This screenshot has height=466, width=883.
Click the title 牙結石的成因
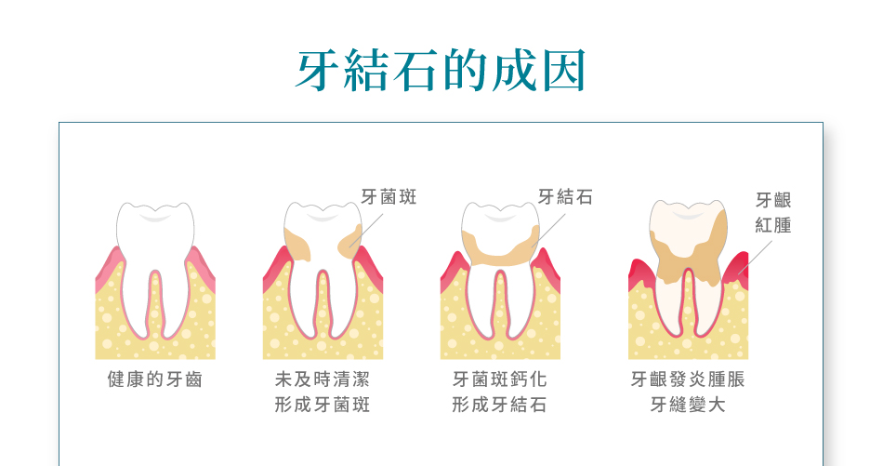click(x=441, y=71)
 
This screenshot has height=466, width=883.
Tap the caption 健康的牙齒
click(x=155, y=379)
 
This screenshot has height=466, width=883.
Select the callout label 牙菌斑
click(x=389, y=196)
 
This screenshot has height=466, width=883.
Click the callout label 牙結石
click(x=565, y=196)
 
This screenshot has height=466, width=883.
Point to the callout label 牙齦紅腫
click(x=773, y=212)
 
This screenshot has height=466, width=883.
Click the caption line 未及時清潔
click(x=323, y=379)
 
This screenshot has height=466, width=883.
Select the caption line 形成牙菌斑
click(x=323, y=405)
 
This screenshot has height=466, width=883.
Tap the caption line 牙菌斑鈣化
click(x=499, y=379)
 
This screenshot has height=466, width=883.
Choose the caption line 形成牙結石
click(x=499, y=405)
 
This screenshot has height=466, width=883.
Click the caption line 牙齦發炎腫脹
click(x=688, y=379)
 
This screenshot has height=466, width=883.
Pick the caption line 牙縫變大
click(x=688, y=405)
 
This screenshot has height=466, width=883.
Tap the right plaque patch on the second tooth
click(x=350, y=242)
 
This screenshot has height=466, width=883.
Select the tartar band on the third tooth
click(x=500, y=250)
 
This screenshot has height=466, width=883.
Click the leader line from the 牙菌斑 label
click(x=366, y=230)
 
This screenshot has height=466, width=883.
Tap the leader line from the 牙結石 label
click(x=549, y=230)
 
